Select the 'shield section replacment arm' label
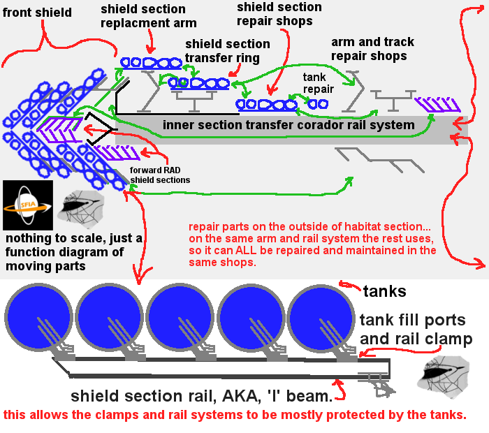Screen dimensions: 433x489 click(x=148, y=16)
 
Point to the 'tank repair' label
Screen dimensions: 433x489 click(x=318, y=83)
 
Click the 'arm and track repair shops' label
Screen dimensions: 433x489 click(x=368, y=49)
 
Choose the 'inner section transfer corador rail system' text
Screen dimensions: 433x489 click(x=289, y=126)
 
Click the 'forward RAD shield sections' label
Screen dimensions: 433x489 click(x=160, y=175)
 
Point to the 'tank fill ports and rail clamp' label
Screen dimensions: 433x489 click(x=416, y=330)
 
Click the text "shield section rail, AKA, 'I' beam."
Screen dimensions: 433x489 click(x=201, y=396)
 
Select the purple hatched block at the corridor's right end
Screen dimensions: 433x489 click(x=437, y=105)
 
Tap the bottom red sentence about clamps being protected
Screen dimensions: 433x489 click(x=235, y=416)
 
